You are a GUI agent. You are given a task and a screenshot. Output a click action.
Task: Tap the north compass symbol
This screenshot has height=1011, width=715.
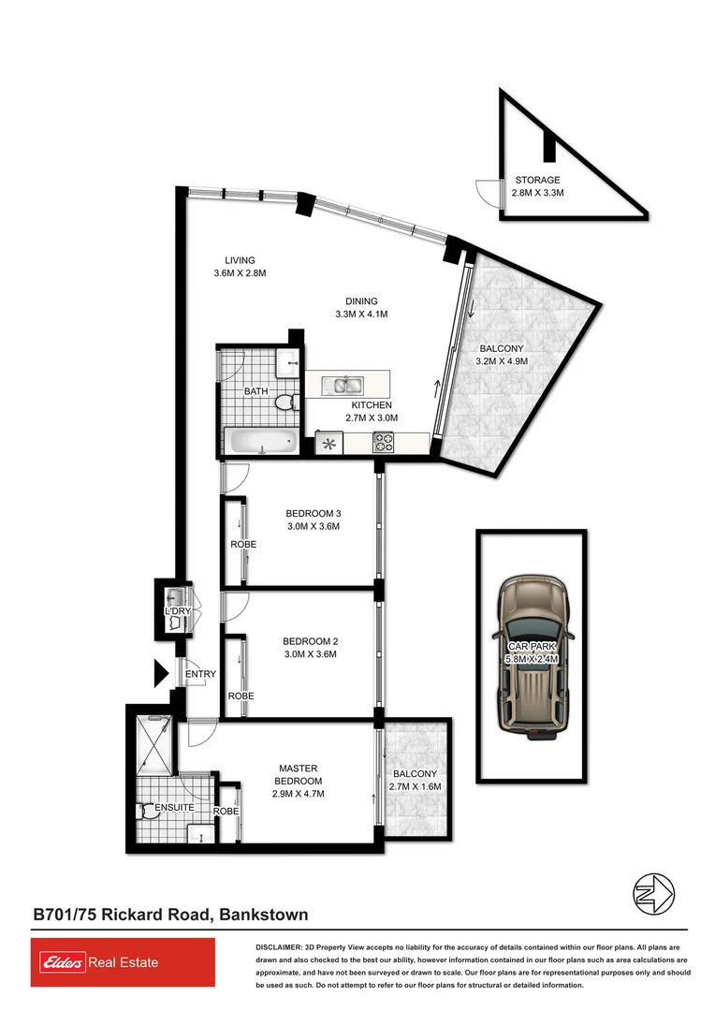pos(653,893)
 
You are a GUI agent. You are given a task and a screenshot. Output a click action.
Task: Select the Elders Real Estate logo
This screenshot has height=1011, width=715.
pos(123,963)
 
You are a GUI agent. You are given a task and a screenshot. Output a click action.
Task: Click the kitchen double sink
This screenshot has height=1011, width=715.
pos(343,384)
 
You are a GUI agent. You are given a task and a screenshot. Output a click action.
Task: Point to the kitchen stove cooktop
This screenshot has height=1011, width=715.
pos(384,443)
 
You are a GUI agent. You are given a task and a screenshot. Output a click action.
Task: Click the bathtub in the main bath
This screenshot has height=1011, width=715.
pos(260,441)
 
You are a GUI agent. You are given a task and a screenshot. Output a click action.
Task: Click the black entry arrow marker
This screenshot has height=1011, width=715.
pos(160,673)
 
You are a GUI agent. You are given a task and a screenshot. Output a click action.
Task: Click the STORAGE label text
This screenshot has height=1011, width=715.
pos(537,180)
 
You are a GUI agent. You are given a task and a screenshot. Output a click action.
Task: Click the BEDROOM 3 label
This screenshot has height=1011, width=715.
pos(314,513)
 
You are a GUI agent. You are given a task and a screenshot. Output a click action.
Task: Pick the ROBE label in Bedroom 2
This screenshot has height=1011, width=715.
pos(241,696)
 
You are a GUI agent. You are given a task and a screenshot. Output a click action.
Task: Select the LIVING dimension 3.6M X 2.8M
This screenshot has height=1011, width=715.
pos(240,273)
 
